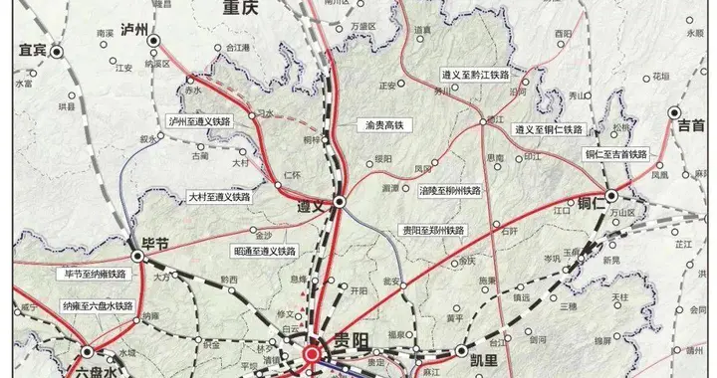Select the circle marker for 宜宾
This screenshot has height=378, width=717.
pyautogui.click(x=57, y=50)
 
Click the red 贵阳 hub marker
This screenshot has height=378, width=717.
pyautogui.click(x=313, y=353)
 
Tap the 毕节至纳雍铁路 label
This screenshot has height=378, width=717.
pyautogui.click(x=96, y=273)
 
